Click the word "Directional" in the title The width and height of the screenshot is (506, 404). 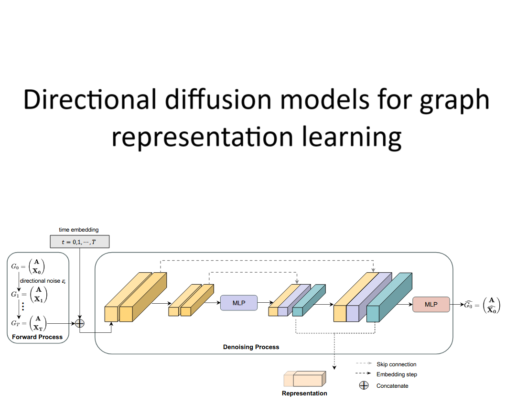(x=89, y=100)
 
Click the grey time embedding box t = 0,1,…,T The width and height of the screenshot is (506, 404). (x=79, y=242)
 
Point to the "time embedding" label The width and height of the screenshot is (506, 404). (x=79, y=230)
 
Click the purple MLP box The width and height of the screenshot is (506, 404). (x=238, y=303)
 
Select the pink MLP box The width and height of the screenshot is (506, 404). (x=431, y=304)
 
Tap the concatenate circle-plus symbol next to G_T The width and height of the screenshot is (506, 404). (x=80, y=323)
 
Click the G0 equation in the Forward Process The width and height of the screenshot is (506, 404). (x=31, y=266)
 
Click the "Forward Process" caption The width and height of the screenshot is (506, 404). (x=37, y=337)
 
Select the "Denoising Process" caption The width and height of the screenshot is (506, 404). (x=251, y=347)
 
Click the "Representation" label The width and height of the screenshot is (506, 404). (x=304, y=393)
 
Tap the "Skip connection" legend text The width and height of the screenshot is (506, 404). (x=396, y=364)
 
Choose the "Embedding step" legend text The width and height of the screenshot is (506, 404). (x=397, y=375)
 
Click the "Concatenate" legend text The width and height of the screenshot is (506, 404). (x=392, y=386)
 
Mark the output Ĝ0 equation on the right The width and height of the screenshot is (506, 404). (x=482, y=304)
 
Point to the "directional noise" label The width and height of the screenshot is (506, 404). (x=43, y=281)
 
